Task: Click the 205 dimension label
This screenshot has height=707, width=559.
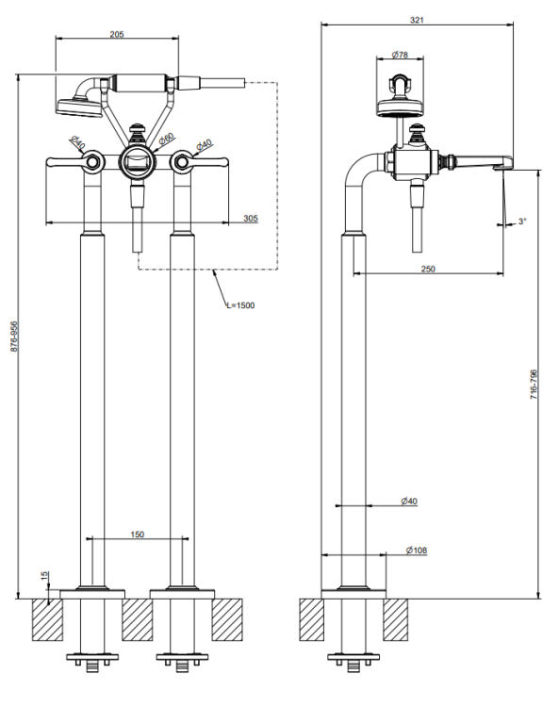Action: [117, 34]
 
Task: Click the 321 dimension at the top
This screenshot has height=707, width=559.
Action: [417, 20]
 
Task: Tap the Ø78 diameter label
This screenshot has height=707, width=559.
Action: [400, 55]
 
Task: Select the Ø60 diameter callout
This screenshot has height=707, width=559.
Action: [166, 139]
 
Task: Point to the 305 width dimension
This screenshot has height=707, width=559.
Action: [251, 219]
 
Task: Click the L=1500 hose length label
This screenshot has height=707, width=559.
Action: [240, 305]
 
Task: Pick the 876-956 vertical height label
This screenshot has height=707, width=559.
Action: [13, 337]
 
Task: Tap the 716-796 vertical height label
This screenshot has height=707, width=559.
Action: [534, 385]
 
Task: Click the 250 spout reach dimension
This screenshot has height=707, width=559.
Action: [428, 269]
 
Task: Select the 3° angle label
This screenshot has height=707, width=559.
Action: [522, 221]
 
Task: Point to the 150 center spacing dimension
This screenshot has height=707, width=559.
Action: [137, 534]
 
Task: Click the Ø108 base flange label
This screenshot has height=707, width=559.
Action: [416, 551]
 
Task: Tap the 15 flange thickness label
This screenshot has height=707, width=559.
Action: [44, 576]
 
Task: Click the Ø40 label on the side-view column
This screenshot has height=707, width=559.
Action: [409, 501]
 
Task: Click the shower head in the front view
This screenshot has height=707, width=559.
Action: [78, 107]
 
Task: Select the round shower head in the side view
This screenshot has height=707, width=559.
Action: [400, 107]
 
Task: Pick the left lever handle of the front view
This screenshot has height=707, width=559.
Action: [74, 162]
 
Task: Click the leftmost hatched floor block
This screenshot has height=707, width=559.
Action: [47, 619]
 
